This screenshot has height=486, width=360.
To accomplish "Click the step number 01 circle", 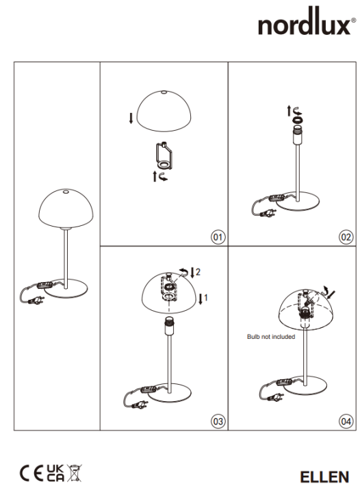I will point(218,238).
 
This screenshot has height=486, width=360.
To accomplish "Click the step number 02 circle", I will point(345,238).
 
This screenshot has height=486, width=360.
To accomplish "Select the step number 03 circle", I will point(218,421).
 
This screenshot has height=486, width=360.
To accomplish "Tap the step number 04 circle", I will point(345,421).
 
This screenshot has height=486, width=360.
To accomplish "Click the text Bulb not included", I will point(270,337).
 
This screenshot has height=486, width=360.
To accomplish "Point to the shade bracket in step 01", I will point(164,156).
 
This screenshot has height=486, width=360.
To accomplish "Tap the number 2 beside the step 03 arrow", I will point(198,272).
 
